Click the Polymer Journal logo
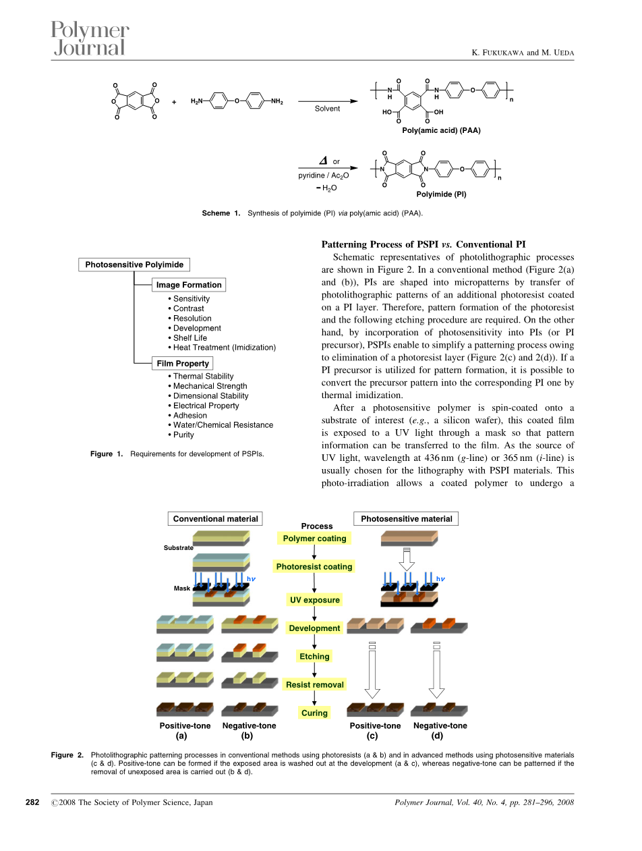click(x=90, y=38)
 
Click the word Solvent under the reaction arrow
click(x=327, y=108)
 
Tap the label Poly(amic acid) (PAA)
click(x=441, y=131)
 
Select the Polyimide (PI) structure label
click(x=441, y=194)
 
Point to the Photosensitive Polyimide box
click(x=134, y=265)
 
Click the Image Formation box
click(x=188, y=285)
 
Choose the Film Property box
click(x=183, y=363)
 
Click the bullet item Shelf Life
click(x=189, y=337)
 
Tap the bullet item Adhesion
click(x=189, y=415)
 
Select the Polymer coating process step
click(x=314, y=539)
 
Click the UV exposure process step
click(x=315, y=600)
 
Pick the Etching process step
click(x=314, y=656)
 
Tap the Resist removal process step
click(x=314, y=684)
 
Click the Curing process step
click(x=314, y=713)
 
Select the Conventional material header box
click(x=215, y=519)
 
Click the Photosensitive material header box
click(x=407, y=519)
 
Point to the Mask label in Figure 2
click(x=182, y=588)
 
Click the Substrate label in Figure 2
click(x=178, y=548)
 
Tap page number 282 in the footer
click(x=32, y=802)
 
